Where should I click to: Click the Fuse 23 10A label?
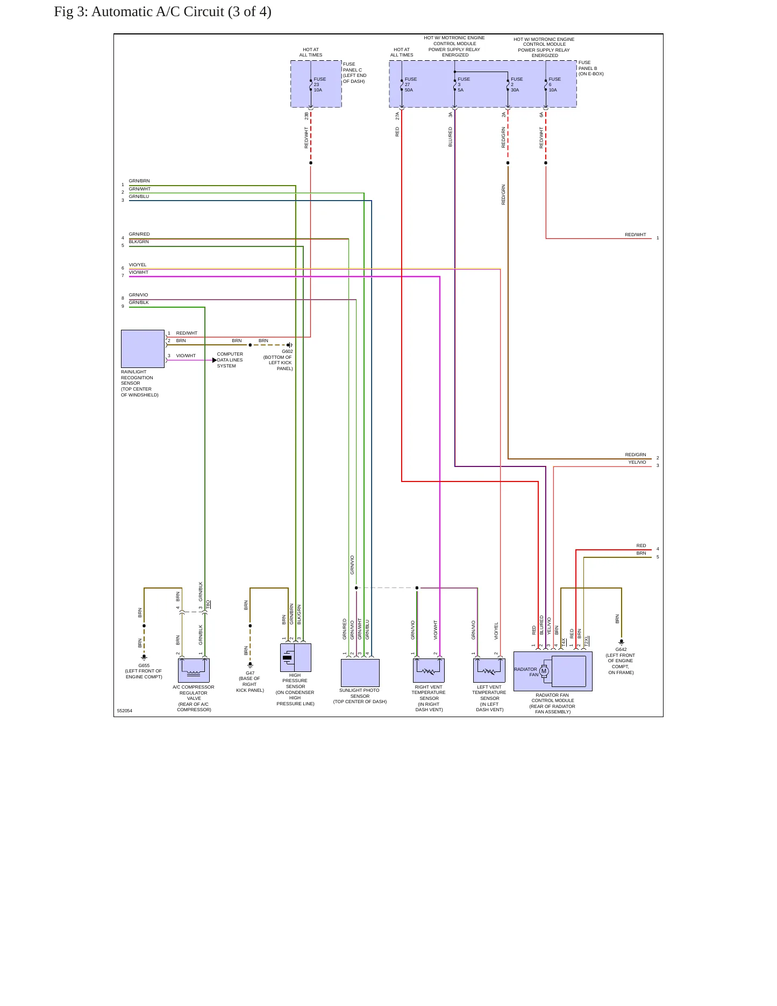click(x=320, y=84)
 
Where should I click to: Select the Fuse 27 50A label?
click(x=411, y=84)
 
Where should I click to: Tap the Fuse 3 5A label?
click(x=464, y=84)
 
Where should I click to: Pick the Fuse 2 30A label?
click(x=517, y=84)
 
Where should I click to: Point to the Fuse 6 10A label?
click(x=554, y=84)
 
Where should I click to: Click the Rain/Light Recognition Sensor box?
click(x=142, y=349)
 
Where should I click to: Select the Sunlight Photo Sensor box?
click(x=360, y=672)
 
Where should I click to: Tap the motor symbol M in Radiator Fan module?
click(x=544, y=671)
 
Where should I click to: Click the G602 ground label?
click(x=287, y=351)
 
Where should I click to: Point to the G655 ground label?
click(x=144, y=665)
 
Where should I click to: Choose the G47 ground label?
click(x=250, y=673)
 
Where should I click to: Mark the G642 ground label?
click(x=621, y=649)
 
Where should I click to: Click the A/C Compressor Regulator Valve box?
click(x=194, y=670)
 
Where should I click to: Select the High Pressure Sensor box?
click(x=296, y=657)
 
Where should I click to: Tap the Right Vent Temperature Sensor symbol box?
click(x=429, y=670)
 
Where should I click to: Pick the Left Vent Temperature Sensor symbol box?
click(x=489, y=670)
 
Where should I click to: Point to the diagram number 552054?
click(x=125, y=711)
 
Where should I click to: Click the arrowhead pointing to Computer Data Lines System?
click(x=215, y=360)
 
